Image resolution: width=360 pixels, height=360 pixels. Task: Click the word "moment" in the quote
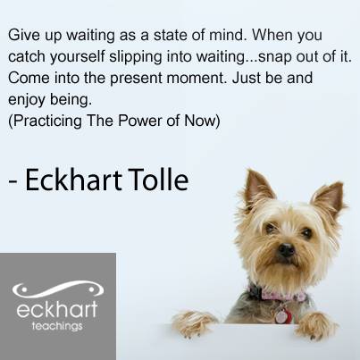pyautogui.click(x=196, y=79)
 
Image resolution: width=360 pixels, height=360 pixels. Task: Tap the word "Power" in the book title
pyautogui.click(x=139, y=121)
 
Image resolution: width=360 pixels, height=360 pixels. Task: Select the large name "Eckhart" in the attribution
pyautogui.click(x=73, y=180)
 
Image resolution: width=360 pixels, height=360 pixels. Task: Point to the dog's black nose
pyautogui.click(x=287, y=249)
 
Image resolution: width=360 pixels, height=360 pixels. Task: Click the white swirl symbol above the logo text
pyautogui.click(x=57, y=289)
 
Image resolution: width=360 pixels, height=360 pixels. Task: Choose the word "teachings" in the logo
pyautogui.click(x=57, y=326)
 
